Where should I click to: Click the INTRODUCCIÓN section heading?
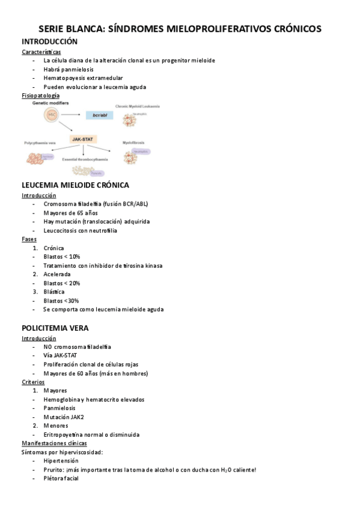click(x=49, y=41)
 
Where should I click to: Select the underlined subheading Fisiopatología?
click(x=40, y=96)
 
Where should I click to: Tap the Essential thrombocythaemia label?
click(x=85, y=159)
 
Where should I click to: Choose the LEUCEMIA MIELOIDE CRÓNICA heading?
click(x=75, y=185)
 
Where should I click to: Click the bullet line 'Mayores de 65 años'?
click(x=70, y=213)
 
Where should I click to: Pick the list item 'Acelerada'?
click(x=57, y=274)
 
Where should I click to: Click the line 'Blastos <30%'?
click(x=61, y=301)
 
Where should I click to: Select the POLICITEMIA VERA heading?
click(x=55, y=328)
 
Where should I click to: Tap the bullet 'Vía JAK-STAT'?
click(x=60, y=355)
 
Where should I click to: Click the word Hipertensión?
click(x=61, y=461)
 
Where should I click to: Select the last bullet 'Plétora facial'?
click(x=61, y=479)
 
